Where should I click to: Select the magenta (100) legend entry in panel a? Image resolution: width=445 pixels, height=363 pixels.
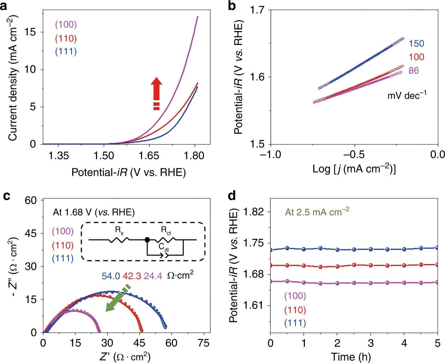point(66,24)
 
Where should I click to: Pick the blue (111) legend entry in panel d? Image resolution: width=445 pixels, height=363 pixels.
point(295,323)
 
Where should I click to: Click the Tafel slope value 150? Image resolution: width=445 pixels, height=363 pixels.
point(416,44)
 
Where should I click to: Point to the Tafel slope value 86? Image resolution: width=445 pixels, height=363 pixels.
point(413,71)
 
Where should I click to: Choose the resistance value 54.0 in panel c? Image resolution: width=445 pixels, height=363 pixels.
point(111,276)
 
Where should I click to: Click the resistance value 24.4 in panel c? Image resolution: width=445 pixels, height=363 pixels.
point(153,276)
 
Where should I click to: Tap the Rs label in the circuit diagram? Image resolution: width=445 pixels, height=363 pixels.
point(119,230)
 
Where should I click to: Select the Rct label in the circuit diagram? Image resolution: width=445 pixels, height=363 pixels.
point(166,230)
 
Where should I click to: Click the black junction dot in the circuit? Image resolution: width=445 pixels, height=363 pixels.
point(147,240)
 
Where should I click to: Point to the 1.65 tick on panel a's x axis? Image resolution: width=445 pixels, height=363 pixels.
point(149,156)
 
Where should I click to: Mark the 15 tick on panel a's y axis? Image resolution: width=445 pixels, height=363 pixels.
point(30,32)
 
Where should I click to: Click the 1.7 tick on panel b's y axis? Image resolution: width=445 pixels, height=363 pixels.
point(257,10)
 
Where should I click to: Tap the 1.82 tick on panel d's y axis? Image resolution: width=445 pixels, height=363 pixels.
point(253,212)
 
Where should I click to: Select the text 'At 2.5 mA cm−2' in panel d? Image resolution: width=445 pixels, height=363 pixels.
point(317,212)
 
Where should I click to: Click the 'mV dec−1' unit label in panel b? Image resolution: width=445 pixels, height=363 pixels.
point(407,95)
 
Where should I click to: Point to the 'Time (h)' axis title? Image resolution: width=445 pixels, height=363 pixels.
point(351,357)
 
